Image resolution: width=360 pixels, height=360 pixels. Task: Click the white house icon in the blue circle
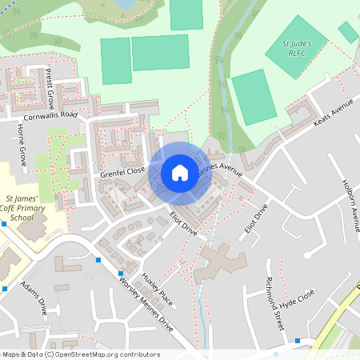pyautogui.click(x=180, y=172)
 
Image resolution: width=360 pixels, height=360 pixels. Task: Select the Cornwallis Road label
pyautogui.click(x=50, y=115)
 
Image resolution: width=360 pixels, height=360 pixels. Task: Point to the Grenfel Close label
pyautogui.click(x=123, y=171)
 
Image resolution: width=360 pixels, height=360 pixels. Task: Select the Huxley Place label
pyautogui.click(x=157, y=289)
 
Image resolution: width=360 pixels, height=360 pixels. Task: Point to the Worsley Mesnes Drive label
pyautogui.click(x=146, y=305)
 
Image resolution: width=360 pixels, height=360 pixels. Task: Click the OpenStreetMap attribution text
pyautogui.click(x=80, y=354)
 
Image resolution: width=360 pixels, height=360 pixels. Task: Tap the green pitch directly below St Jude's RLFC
pyautogui.click(x=254, y=97)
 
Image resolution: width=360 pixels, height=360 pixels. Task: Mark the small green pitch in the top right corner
pyautogui.click(x=348, y=32)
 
